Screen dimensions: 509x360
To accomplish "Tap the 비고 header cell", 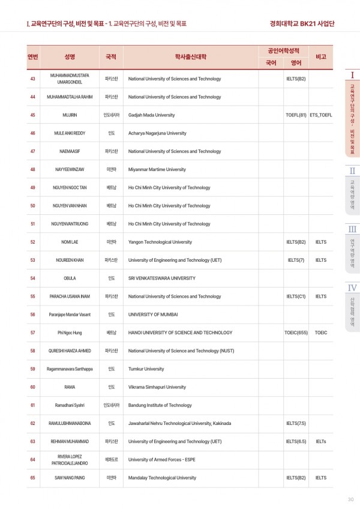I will (x=320, y=56).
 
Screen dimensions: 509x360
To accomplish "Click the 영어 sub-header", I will (x=296, y=62).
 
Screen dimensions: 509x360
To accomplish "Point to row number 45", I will (x=33, y=115).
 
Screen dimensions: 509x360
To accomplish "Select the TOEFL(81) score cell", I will (x=296, y=115).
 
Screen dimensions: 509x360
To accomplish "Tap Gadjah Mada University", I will (x=152, y=115).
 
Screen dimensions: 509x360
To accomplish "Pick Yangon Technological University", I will (x=160, y=242).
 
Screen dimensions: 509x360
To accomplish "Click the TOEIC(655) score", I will (x=296, y=333).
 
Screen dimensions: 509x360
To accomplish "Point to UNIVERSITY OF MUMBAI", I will (x=153, y=315).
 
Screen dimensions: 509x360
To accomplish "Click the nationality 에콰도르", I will (x=111, y=460).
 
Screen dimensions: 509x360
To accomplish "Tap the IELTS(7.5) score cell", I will (x=296, y=423).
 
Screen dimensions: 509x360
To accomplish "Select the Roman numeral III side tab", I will (x=352, y=229).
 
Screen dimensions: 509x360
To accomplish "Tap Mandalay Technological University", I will (x=162, y=478).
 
